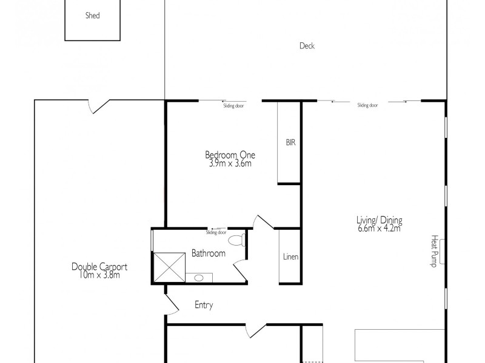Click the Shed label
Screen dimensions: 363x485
point(92,16)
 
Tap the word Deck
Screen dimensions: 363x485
point(307,46)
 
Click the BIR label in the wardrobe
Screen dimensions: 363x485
point(290,143)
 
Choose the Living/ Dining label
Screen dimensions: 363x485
point(380,220)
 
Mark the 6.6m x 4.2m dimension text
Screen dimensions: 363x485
point(380,228)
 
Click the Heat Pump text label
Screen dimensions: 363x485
point(434,251)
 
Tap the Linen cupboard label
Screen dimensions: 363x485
point(290,257)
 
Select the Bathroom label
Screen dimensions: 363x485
point(209,253)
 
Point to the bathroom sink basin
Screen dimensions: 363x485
point(199,278)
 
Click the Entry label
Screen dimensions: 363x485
point(204,306)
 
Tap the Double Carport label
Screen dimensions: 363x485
point(99,266)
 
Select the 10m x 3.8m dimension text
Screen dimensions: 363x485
point(99,275)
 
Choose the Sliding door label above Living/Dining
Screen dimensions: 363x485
point(367,105)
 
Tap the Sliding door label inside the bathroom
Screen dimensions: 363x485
point(216,232)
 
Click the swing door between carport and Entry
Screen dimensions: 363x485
point(171,306)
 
